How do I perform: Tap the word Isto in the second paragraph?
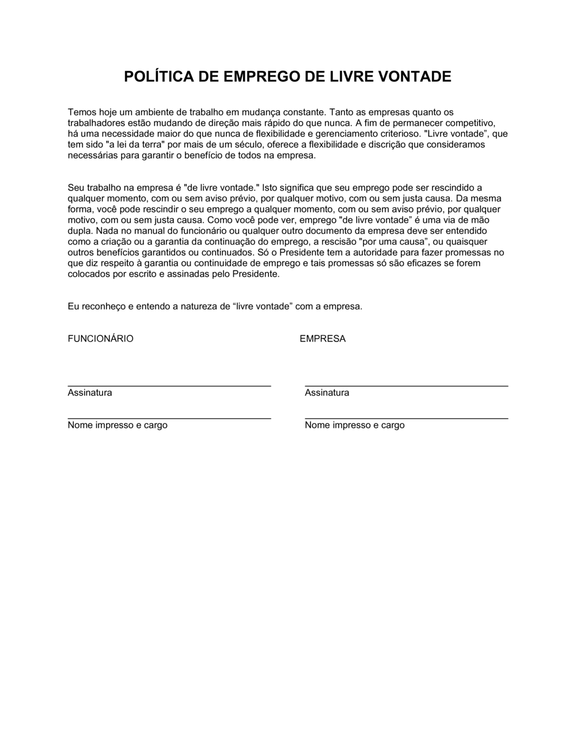(270, 188)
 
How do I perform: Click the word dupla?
(79, 231)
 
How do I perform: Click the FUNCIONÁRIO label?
(100, 339)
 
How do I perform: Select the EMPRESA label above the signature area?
(323, 339)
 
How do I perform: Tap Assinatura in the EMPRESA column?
(327, 393)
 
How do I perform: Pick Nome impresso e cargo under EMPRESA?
(354, 425)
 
